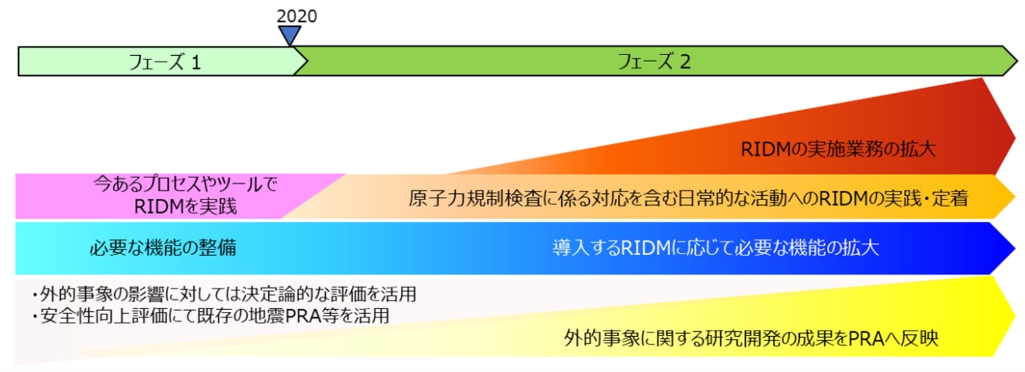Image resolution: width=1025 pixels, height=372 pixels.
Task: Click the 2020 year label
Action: click(297, 16)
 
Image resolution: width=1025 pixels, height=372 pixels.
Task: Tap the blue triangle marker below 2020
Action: click(289, 35)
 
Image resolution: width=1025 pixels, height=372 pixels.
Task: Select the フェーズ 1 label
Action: click(164, 62)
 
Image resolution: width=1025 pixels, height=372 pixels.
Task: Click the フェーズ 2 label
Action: click(654, 61)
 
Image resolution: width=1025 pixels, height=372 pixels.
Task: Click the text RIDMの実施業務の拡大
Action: click(838, 149)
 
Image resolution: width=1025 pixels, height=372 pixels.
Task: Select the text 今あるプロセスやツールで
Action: click(185, 184)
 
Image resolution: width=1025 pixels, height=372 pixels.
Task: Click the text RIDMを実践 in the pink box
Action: click(186, 206)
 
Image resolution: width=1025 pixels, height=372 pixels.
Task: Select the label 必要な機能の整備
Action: click(162, 248)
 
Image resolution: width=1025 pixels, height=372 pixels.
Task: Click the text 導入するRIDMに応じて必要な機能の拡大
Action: click(715, 248)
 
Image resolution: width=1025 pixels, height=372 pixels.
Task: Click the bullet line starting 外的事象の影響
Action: click(224, 294)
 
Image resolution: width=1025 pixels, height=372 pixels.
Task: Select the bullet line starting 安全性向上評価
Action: click(211, 315)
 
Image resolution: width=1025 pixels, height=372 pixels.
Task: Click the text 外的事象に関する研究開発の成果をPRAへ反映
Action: click(751, 338)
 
